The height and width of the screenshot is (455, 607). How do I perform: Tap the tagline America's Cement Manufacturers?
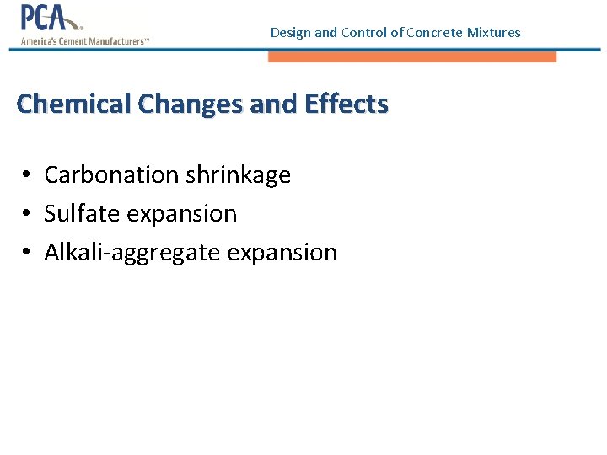[x=83, y=40]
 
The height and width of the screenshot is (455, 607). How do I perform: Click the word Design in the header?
[x=290, y=33]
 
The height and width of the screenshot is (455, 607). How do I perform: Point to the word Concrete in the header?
[x=434, y=33]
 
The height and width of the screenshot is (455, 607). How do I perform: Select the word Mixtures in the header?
[x=493, y=33]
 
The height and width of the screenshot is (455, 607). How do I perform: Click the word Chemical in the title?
[x=73, y=104]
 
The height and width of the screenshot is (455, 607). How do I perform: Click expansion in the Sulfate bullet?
[x=182, y=214]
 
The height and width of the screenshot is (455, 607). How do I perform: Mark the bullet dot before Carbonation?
[x=28, y=175]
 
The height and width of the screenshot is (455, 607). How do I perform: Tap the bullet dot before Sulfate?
[x=28, y=214]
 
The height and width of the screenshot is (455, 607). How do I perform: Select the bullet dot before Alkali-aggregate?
[x=28, y=253]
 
